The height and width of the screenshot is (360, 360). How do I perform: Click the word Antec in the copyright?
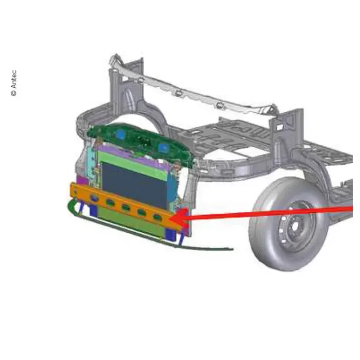pos(14,79)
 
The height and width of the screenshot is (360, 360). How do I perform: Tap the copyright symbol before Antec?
pos(14,93)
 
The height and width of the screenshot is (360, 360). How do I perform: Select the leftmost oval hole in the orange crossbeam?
pos(94,198)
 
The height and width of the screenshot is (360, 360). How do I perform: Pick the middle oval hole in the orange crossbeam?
pos(126,208)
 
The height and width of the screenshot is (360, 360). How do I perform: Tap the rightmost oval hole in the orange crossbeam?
pos(157,217)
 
